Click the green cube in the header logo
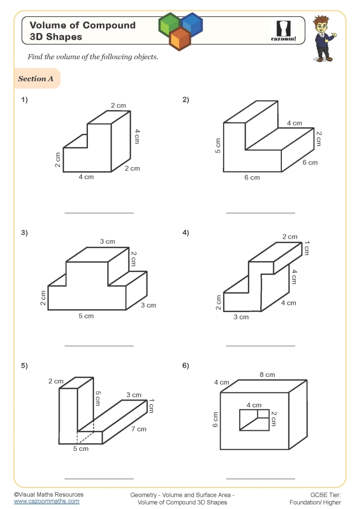[x=169, y=23]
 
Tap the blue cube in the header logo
[x=192, y=23]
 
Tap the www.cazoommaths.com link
[x=46, y=501]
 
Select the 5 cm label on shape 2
[x=218, y=146]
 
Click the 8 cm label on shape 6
[x=267, y=375]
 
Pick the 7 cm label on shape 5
[x=138, y=429]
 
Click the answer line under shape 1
[x=99, y=212]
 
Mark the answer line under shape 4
[x=261, y=346]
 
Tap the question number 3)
[x=24, y=233]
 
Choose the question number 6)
[x=186, y=366]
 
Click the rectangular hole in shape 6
[x=254, y=420]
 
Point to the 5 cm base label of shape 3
[x=86, y=316]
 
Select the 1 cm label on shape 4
[x=307, y=248]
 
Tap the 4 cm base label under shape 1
[x=86, y=177]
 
